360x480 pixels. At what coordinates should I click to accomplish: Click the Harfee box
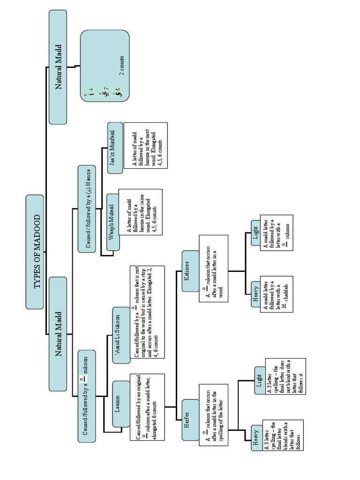pyautogui.click(x=190, y=420)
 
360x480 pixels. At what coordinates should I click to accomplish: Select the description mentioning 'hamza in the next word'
pyautogui.click(x=145, y=146)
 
